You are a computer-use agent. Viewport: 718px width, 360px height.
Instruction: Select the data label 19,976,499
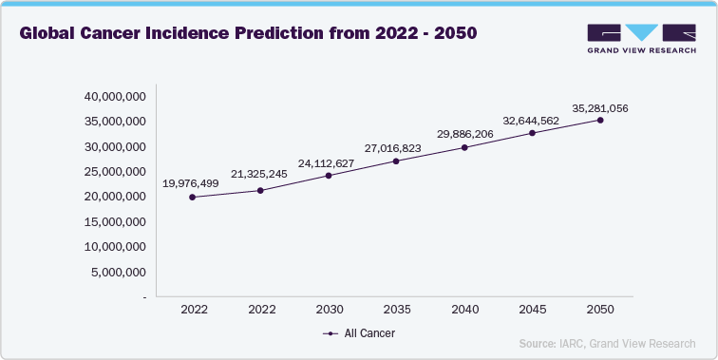pyautogui.click(x=191, y=182)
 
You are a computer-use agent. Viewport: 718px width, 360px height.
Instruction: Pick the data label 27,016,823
pyautogui.click(x=395, y=148)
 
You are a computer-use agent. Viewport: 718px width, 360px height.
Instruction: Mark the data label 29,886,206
pyautogui.click(x=463, y=135)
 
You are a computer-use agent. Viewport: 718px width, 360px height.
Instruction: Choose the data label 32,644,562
pyautogui.click(x=532, y=121)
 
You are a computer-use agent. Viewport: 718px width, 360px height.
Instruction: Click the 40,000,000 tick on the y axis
pyautogui.click(x=115, y=97)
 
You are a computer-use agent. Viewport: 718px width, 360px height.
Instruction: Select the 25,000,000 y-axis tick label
pyautogui.click(x=115, y=172)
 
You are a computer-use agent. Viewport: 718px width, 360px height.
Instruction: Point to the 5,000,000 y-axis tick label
pyautogui.click(x=118, y=272)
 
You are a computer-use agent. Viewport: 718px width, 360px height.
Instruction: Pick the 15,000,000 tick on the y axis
pyautogui.click(x=115, y=221)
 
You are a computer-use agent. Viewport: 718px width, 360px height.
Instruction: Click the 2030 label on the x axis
pyautogui.click(x=329, y=310)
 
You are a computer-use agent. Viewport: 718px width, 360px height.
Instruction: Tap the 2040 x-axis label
pyautogui.click(x=464, y=310)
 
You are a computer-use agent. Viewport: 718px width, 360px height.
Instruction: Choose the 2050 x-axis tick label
pyautogui.click(x=600, y=310)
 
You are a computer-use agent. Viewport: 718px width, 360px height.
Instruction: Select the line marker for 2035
pyautogui.click(x=396, y=161)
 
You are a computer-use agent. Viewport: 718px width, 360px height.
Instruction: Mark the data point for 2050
pyautogui.click(x=600, y=120)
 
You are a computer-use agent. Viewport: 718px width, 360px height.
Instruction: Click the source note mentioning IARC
pyautogui.click(x=607, y=343)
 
